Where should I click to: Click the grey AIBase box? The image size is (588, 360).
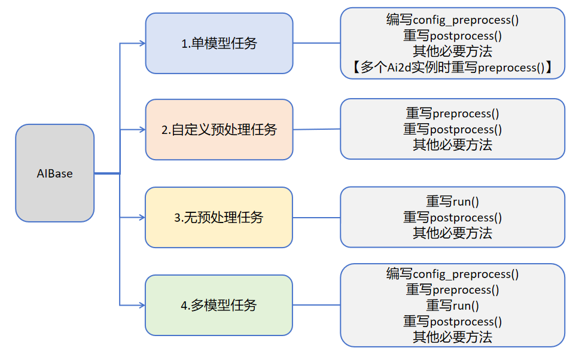tap(54, 173)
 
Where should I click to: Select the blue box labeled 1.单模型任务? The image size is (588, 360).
tap(219, 44)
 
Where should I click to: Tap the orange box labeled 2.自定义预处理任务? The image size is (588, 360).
tap(219, 130)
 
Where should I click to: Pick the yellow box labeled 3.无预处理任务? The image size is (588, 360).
tap(219, 218)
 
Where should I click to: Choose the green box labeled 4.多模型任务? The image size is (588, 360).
tap(219, 305)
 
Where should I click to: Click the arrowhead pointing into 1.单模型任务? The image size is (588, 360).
tap(142, 43)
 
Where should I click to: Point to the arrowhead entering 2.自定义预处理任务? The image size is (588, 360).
tap(142, 130)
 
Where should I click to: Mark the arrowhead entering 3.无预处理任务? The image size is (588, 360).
tap(142, 218)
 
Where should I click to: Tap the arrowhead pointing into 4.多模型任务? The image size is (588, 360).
tap(142, 305)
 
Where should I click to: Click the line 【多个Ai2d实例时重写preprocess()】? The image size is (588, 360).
tap(452, 68)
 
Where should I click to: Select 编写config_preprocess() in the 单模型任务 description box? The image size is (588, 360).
tap(452, 20)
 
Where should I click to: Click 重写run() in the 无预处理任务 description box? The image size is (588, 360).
tap(452, 202)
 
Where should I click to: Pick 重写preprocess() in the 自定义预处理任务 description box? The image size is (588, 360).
tap(452, 113)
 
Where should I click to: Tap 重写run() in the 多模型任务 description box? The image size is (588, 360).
tap(452, 306)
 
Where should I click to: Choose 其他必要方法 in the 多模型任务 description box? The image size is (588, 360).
tap(452, 337)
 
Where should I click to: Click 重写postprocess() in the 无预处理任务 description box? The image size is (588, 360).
tap(452, 218)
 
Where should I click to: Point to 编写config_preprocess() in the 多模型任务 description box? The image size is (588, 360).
tap(452, 274)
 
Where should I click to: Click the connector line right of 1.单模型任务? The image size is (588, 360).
tap(316, 43)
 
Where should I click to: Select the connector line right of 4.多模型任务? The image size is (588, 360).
tap(316, 305)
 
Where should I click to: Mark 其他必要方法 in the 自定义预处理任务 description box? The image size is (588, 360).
tap(452, 145)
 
